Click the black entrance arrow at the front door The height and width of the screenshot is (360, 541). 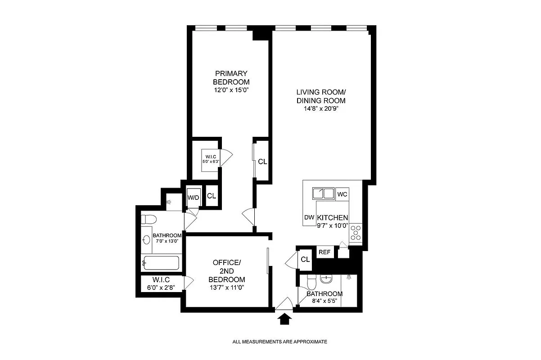(284, 319)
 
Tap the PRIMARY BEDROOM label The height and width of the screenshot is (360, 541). (231, 77)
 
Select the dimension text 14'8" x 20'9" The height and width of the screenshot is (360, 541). (320, 108)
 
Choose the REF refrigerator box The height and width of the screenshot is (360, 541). (325, 252)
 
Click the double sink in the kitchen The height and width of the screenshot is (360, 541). (323, 194)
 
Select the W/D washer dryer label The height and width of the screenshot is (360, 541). (193, 197)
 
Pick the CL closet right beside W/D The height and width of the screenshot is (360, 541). (211, 196)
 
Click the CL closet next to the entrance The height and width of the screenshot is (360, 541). (305, 260)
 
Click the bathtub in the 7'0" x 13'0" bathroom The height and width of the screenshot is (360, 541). (161, 262)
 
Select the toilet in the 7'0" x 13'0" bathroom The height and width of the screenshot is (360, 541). (148, 220)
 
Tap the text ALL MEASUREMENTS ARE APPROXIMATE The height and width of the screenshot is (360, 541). (280, 342)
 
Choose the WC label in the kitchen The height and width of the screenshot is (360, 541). (342, 194)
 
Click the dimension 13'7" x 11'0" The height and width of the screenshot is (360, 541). (227, 287)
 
